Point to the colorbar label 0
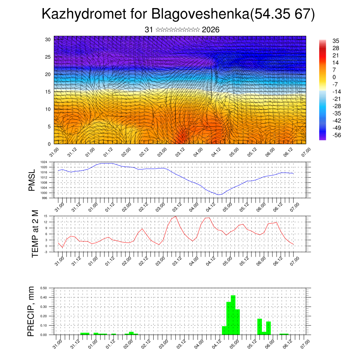point(334,77)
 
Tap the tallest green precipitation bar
point(233,315)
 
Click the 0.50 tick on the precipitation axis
point(44,288)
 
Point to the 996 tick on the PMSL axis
point(45,198)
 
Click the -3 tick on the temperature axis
point(45,252)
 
